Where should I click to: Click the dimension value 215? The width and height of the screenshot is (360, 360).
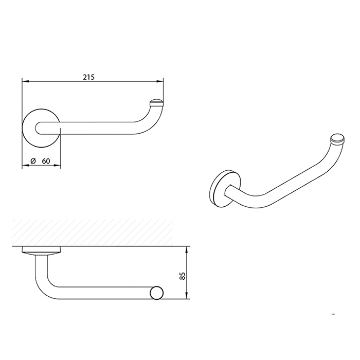point(88,77)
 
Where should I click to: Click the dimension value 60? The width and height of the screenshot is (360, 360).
point(46,161)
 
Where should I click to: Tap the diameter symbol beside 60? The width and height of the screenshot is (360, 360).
point(33,161)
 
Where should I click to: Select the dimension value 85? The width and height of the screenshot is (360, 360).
point(182,276)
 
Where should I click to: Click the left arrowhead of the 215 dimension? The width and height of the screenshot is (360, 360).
point(25,81)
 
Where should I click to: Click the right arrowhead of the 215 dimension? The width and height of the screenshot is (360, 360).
point(160,81)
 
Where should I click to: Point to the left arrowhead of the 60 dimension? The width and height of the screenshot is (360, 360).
point(25,165)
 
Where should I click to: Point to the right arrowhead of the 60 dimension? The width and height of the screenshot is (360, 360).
point(58,165)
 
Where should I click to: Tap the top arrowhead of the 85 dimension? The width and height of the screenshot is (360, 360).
point(187,249)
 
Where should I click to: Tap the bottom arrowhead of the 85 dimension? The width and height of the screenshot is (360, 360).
point(187,296)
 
